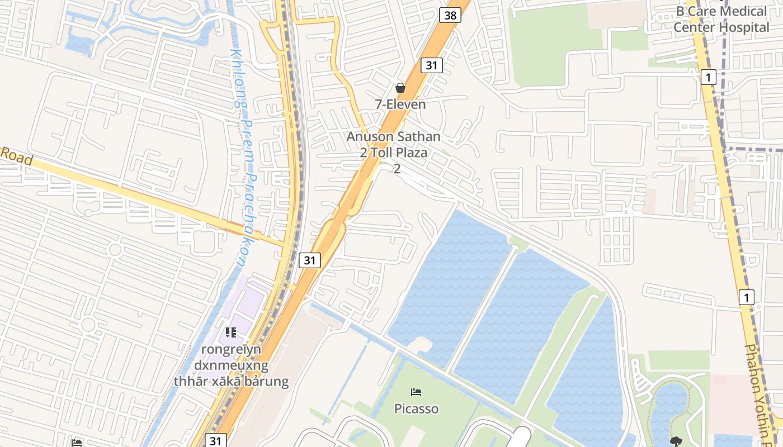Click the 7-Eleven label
point(400,104)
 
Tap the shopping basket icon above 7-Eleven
point(400,88)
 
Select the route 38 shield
point(450,15)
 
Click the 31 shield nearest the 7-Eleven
point(431,65)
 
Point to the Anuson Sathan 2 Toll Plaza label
point(394,145)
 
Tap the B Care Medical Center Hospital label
point(721,19)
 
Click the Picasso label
point(416,408)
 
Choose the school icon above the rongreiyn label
point(230,332)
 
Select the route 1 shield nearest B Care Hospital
point(708,77)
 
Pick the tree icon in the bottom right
point(676,441)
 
